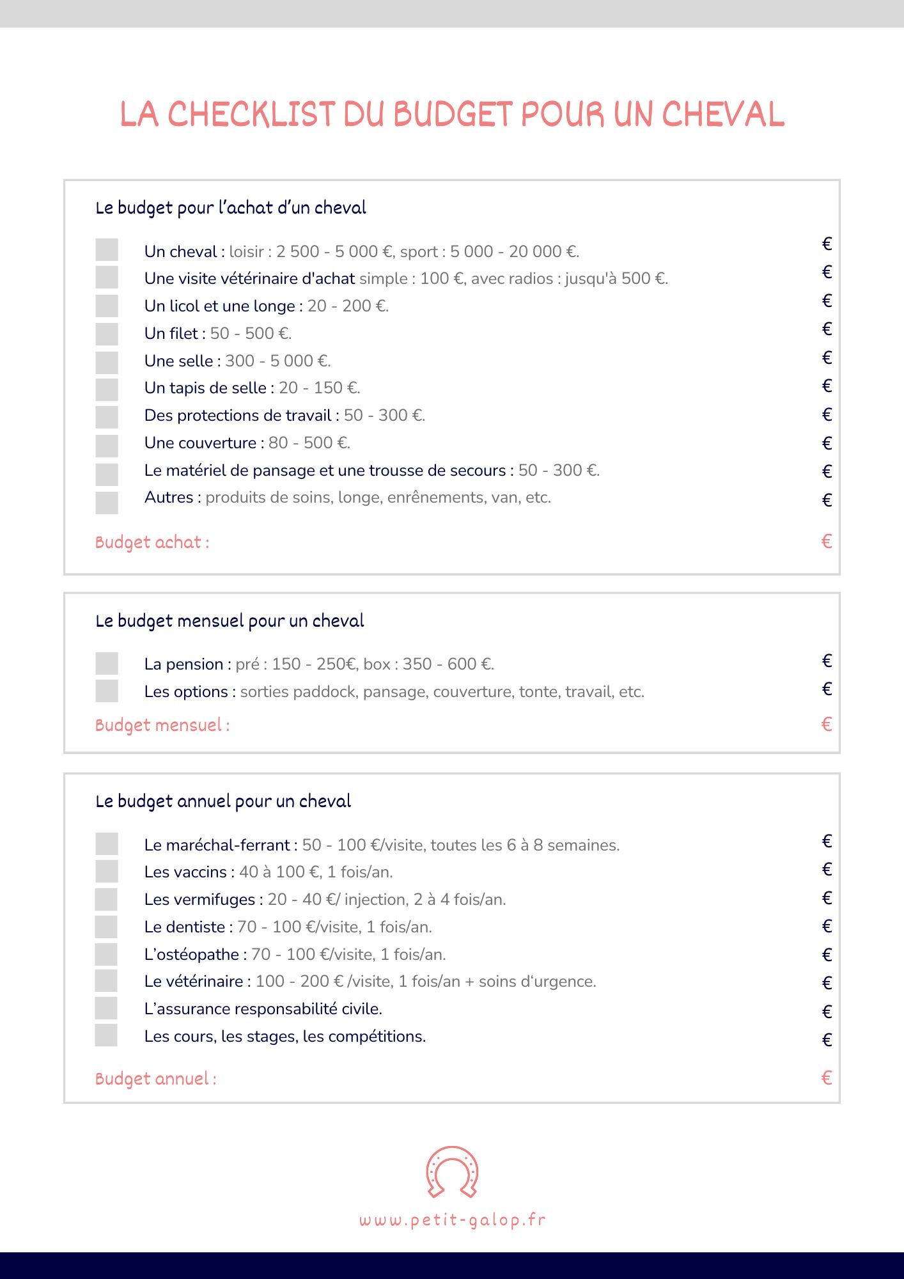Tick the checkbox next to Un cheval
pos(107,250)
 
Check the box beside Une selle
pos(107,363)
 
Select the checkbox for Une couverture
pos(107,446)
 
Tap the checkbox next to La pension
pos(107,663)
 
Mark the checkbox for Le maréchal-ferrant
pos(107,844)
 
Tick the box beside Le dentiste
pos(107,927)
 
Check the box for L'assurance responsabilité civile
pos(107,1008)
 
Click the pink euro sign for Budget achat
pos(827,542)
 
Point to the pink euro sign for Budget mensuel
pos(827,724)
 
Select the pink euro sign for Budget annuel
pos(827,1078)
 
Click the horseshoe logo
pos(452,1172)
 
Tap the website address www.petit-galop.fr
pos(452,1220)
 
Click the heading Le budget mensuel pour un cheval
pos(230,621)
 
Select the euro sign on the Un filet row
pos(827,329)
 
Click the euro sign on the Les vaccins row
pos(827,869)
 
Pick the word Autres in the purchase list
pos(169,498)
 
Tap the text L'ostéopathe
pos(192,954)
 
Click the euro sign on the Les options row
pos(827,689)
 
